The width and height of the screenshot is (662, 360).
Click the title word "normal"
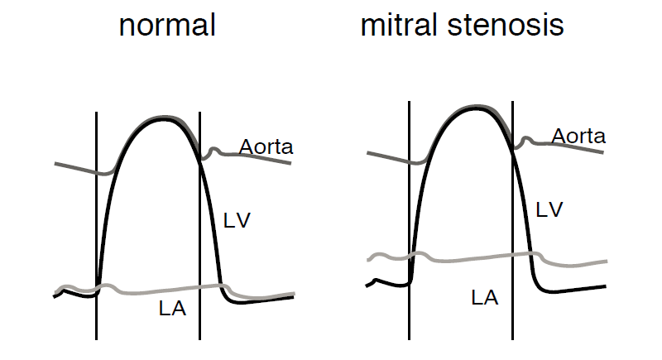click(167, 26)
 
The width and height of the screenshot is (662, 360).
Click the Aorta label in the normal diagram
click(266, 147)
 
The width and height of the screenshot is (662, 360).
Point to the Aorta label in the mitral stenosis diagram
click(578, 136)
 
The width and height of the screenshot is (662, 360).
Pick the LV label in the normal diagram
click(237, 220)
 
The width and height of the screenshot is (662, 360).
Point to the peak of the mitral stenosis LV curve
click(473, 108)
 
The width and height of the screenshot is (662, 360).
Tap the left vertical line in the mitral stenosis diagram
click(410, 215)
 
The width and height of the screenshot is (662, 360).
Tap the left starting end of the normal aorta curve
click(56, 164)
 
